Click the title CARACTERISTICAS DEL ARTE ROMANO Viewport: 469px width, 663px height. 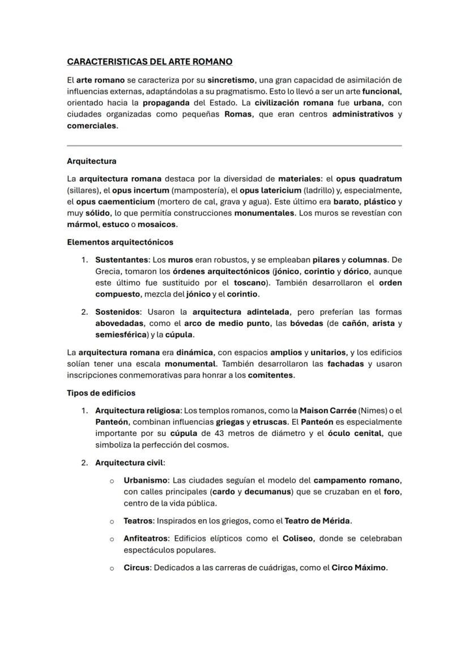coord(150,61)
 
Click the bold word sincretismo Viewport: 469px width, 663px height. coord(231,80)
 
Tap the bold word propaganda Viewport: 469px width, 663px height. coord(167,103)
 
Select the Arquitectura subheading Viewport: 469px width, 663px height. coord(91,161)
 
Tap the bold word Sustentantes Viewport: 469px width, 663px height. coord(121,260)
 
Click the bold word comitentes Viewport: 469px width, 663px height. coord(270,375)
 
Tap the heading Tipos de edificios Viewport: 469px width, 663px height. coord(101,393)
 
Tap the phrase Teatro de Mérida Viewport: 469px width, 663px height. coord(317,520)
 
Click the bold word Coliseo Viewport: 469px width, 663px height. coord(298,538)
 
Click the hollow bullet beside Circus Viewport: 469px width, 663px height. coord(112,568)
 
